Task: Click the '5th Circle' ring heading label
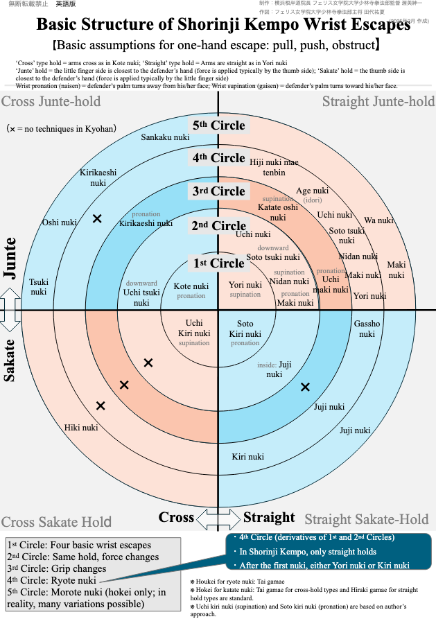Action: (219, 125)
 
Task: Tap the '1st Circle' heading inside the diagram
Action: (219, 263)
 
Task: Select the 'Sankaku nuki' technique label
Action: (165, 137)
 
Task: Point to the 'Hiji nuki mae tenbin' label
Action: (274, 167)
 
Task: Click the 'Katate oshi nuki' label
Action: (277, 212)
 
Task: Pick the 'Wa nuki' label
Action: (378, 220)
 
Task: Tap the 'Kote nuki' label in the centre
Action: (191, 286)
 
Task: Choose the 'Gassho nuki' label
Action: (367, 329)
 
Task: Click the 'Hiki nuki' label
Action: (81, 428)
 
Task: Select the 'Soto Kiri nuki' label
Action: (245, 329)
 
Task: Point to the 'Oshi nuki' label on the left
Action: (60, 223)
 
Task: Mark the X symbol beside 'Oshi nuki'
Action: (97, 218)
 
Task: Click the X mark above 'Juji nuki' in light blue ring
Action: (305, 387)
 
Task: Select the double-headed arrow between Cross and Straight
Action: (218, 518)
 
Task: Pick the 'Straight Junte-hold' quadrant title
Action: (378, 103)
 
